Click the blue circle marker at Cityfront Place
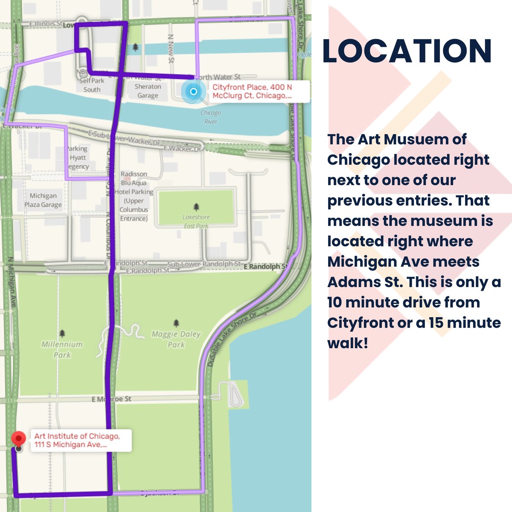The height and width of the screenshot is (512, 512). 193,91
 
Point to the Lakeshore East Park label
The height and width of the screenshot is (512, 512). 196,221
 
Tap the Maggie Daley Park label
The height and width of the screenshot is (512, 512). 176,339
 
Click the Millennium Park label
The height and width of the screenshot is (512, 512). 62,349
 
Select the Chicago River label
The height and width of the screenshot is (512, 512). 210,117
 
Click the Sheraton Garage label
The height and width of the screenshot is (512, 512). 148,91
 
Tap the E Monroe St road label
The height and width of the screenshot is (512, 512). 111,399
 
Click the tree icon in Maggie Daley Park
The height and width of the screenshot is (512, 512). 176,323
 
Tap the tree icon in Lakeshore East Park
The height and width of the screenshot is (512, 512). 196,207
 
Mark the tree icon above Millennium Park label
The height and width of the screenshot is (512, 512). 62,333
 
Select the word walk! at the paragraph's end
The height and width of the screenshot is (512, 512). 347,343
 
